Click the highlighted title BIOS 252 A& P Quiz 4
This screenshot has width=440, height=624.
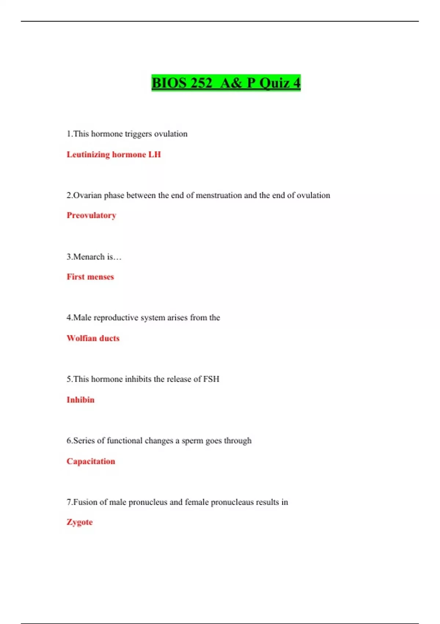pyautogui.click(x=226, y=83)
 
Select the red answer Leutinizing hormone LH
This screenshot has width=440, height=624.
pyautogui.click(x=114, y=155)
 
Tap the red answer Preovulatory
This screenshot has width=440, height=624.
pyautogui.click(x=91, y=215)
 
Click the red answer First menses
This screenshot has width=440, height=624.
pyautogui.click(x=90, y=277)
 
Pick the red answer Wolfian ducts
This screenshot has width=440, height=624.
pyautogui.click(x=93, y=338)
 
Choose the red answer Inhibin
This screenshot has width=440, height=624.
pyautogui.click(x=80, y=400)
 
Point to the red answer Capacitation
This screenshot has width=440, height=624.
pyautogui.click(x=91, y=461)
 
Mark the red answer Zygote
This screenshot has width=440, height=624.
pyautogui.click(x=80, y=522)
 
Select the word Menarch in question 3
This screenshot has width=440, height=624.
pyautogui.click(x=89, y=257)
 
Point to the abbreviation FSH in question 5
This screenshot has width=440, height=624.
pyautogui.click(x=211, y=379)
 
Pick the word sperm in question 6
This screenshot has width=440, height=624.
pyautogui.click(x=192, y=441)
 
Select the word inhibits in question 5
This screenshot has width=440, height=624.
pyautogui.click(x=138, y=379)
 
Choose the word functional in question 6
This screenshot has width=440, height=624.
pyautogui.click(x=124, y=440)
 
